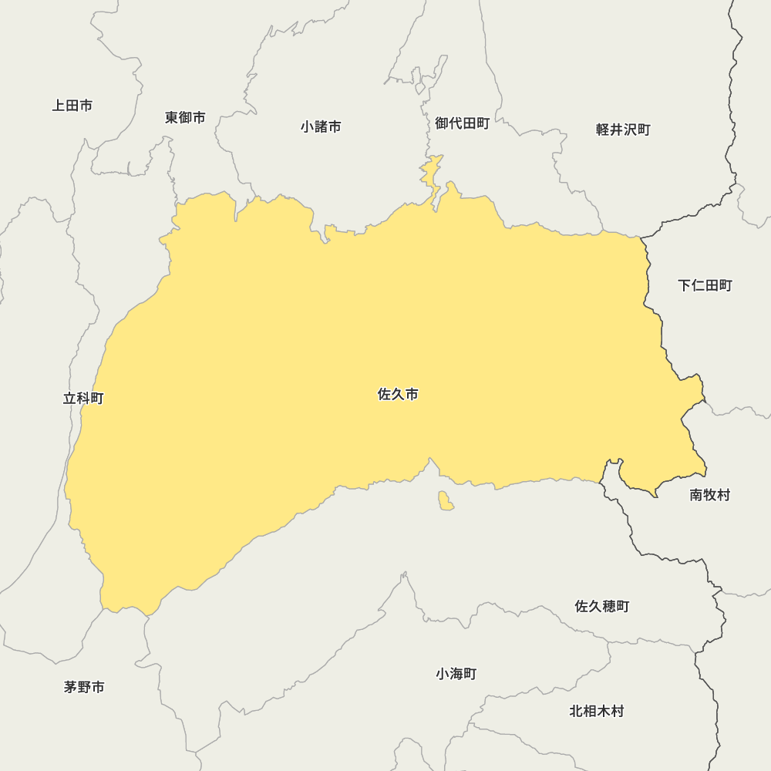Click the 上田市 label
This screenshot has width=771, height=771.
tap(72, 106)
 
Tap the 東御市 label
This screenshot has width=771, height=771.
tap(185, 118)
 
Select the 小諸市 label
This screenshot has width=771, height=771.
tap(321, 126)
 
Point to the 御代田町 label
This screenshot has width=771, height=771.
tap(462, 123)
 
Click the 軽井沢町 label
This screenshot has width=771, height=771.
tap(623, 130)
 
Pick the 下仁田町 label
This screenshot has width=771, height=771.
tap(705, 286)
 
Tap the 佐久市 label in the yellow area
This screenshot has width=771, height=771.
tap(398, 395)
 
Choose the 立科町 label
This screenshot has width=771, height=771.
tap(83, 399)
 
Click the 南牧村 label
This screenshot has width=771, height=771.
tap(709, 495)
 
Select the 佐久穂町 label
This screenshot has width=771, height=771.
tap(602, 607)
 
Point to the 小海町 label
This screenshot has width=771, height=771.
tap(456, 674)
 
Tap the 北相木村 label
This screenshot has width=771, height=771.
tap(596, 711)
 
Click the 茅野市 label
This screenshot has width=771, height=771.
tap(84, 687)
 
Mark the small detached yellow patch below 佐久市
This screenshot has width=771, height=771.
tap(446, 501)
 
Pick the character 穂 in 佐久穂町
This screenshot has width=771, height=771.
tap(609, 607)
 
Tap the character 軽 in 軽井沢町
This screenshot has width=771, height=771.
tap(603, 130)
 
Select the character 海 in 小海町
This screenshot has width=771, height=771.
tap(456, 674)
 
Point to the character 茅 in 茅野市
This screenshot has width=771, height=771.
tap(71, 687)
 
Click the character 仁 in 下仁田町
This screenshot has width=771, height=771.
tap(698, 286)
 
